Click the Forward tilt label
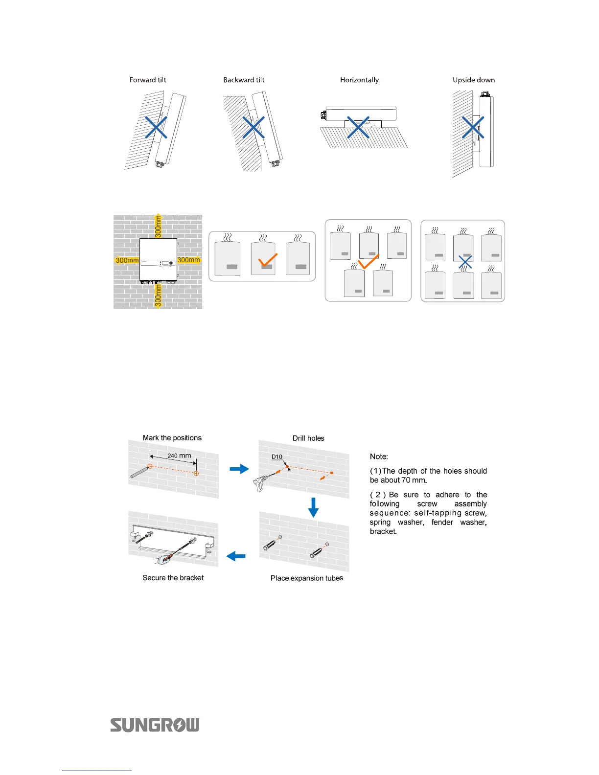(148, 80)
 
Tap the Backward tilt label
(244, 80)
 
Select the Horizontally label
(359, 80)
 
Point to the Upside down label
(473, 80)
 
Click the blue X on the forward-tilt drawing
(156, 127)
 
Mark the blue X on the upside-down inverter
(473, 127)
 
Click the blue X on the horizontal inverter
(358, 127)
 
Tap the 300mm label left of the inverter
(127, 260)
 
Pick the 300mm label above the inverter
(158, 227)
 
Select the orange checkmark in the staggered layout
(368, 262)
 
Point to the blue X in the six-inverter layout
(465, 262)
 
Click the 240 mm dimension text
(179, 456)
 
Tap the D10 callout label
(277, 456)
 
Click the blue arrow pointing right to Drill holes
(239, 469)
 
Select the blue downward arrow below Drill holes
(313, 507)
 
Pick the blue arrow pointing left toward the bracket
(236, 556)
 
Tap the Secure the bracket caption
(173, 578)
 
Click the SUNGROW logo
(155, 725)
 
